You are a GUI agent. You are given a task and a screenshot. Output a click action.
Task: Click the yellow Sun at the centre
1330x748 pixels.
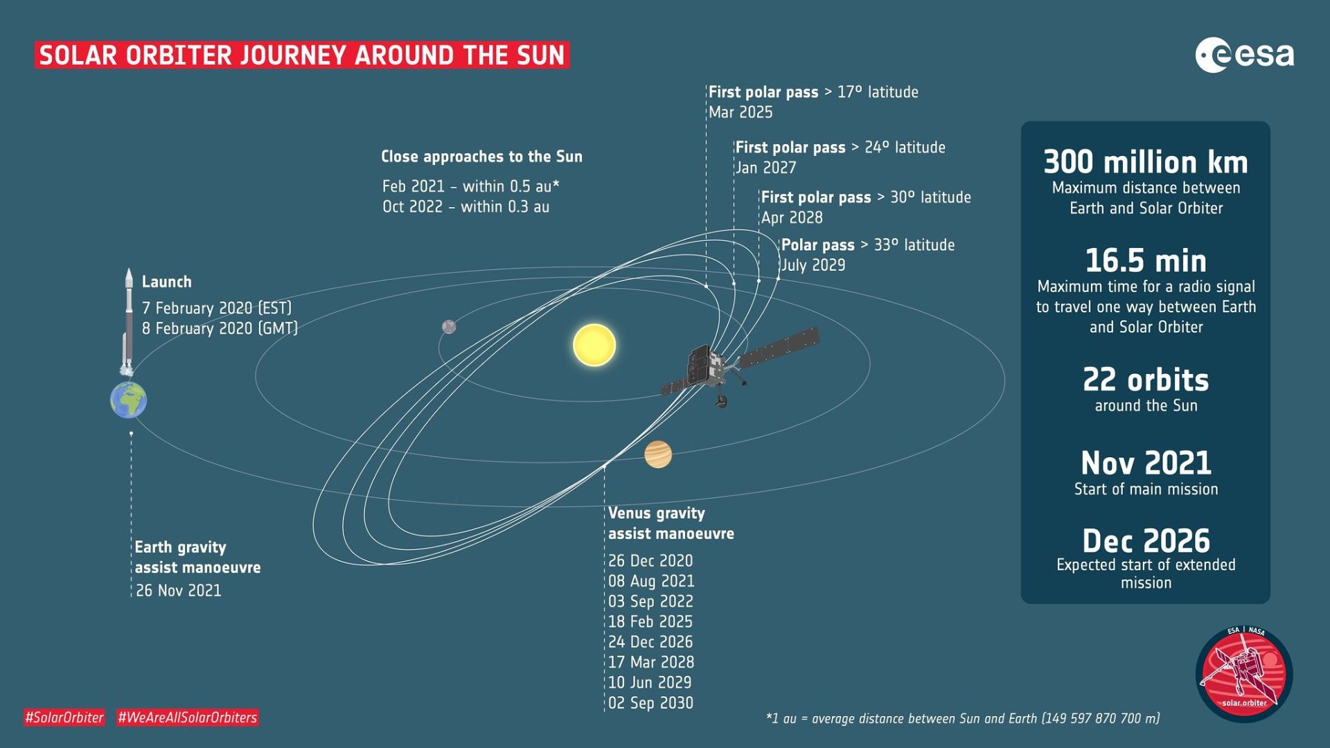(594, 345)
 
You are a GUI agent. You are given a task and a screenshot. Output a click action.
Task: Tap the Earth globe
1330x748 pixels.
(128, 400)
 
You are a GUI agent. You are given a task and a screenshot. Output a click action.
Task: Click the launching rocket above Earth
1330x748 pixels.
(128, 322)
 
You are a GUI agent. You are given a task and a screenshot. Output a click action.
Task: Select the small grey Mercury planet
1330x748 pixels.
(449, 326)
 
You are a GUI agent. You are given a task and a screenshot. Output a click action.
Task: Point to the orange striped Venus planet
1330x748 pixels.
(658, 454)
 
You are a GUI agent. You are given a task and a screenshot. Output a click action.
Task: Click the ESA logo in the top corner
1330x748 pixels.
(1244, 55)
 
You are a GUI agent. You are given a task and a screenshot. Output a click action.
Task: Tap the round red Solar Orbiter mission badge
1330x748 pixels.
(1243, 674)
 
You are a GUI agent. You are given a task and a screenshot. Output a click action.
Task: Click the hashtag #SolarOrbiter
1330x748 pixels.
(64, 718)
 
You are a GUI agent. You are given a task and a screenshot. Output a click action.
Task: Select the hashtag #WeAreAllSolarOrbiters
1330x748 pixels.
(187, 718)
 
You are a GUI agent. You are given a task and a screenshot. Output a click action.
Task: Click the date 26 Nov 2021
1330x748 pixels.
(179, 591)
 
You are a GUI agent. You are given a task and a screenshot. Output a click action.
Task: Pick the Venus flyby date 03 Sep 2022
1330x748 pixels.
(650, 601)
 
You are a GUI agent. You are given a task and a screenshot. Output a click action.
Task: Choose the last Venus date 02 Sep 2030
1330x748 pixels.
(650, 703)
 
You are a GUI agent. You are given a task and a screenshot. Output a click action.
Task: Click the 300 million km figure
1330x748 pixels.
(1146, 162)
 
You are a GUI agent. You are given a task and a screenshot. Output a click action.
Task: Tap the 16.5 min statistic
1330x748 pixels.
(1146, 261)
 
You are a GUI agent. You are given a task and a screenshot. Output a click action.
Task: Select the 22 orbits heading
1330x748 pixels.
(1146, 380)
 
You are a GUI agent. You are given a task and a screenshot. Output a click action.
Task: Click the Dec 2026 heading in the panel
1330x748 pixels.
(1146, 541)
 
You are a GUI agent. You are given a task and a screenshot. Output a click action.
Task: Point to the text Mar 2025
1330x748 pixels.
(741, 112)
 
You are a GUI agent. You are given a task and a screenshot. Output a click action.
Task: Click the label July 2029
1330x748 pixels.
(813, 265)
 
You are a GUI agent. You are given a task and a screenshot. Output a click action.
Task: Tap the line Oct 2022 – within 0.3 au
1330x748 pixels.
(465, 207)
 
